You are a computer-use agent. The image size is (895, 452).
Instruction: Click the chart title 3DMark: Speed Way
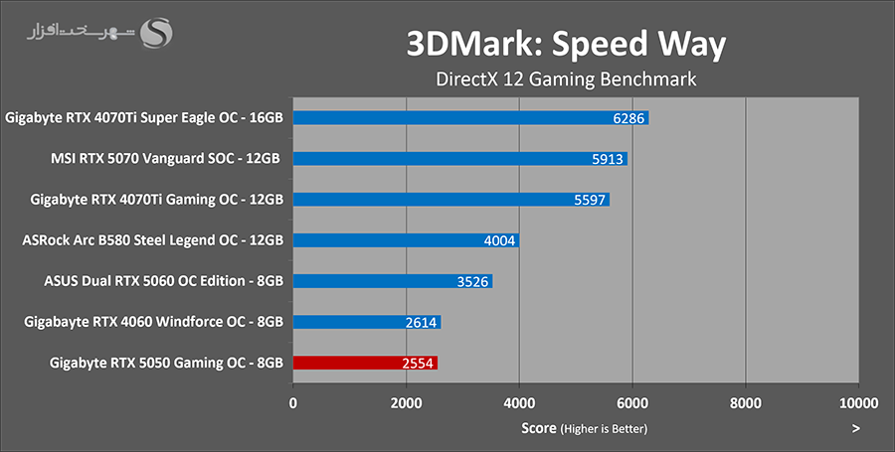coord(566,44)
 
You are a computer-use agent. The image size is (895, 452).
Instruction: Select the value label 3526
coord(472,281)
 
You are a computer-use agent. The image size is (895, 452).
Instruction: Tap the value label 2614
coord(421,322)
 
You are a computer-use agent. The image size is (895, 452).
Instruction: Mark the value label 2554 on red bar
coord(418,364)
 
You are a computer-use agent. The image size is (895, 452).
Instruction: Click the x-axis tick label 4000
coord(519,403)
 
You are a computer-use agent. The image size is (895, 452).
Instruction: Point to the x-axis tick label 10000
coord(857,403)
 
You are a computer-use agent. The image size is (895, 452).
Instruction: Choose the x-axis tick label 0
coord(292,403)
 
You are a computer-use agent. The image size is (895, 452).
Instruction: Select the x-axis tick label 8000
coord(745,403)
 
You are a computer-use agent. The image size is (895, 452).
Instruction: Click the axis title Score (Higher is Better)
coord(584,428)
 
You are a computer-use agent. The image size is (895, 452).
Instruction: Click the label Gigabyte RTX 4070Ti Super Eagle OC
coord(144,117)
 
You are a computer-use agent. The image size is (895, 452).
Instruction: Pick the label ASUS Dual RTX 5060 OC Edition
coord(164,281)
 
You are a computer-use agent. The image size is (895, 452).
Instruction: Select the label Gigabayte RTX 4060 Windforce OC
coord(153,322)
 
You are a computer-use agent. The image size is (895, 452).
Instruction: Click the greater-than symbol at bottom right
coord(855,428)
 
